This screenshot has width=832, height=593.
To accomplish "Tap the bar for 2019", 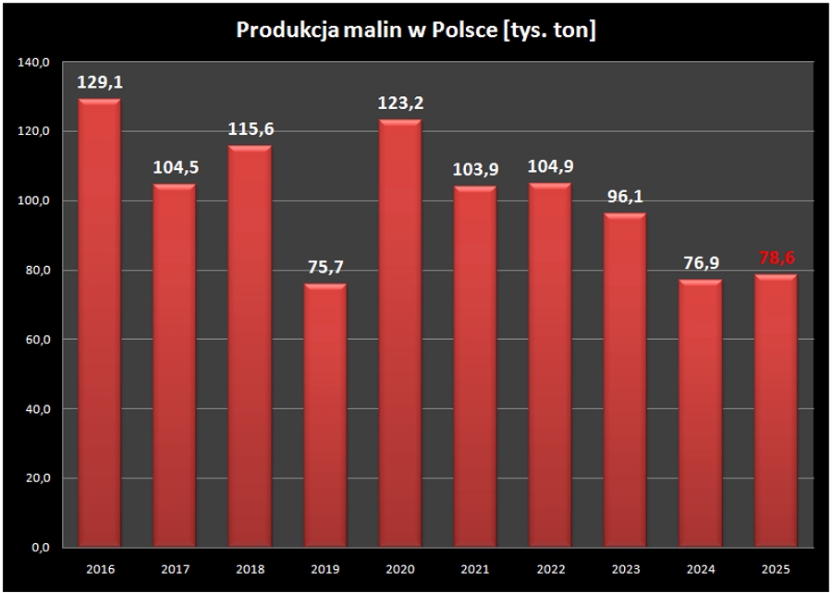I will pyautogui.click(x=324, y=416).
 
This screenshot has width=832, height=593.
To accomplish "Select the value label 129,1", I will pyautogui.click(x=100, y=82).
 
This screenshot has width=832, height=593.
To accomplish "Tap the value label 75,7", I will pyautogui.click(x=325, y=266).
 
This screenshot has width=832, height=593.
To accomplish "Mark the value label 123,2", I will pyautogui.click(x=400, y=103).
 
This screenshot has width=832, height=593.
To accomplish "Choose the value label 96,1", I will pyautogui.click(x=626, y=197).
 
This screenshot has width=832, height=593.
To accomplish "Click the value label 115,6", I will pyautogui.click(x=251, y=128).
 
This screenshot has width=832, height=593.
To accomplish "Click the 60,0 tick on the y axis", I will pyautogui.click(x=37, y=340).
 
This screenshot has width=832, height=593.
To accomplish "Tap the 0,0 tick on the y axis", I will pyautogui.click(x=41, y=548).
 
